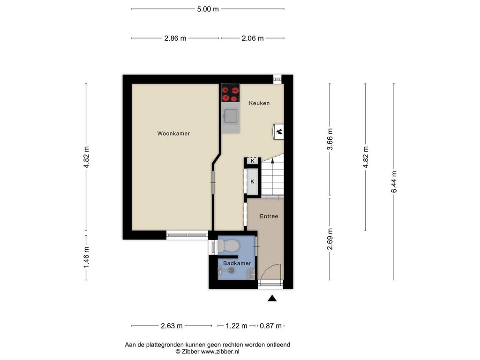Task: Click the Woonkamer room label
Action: pyautogui.click(x=173, y=134)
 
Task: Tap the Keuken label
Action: pyautogui.click(x=259, y=103)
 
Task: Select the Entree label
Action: pyautogui.click(x=269, y=216)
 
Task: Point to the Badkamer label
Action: pyautogui.click(x=237, y=263)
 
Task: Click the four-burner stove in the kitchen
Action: pyautogui.click(x=231, y=93)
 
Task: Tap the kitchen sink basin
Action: pyautogui.click(x=231, y=116)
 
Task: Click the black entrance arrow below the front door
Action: pyautogui.click(x=272, y=299)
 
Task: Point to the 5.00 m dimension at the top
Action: pyautogui.click(x=208, y=9)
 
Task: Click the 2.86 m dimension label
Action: pyautogui.click(x=175, y=38)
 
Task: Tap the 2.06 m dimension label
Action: pyautogui.click(x=253, y=38)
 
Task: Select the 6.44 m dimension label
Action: pyautogui.click(x=394, y=182)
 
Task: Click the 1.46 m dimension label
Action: pyautogui.click(x=86, y=257)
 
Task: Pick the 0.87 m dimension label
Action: pyautogui.click(x=270, y=326)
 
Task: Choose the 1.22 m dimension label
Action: pyautogui.click(x=236, y=326)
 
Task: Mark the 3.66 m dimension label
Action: pyautogui.click(x=330, y=139)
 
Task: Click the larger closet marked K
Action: pyautogui.click(x=253, y=181)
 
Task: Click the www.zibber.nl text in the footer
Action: pyautogui.click(x=220, y=352)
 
